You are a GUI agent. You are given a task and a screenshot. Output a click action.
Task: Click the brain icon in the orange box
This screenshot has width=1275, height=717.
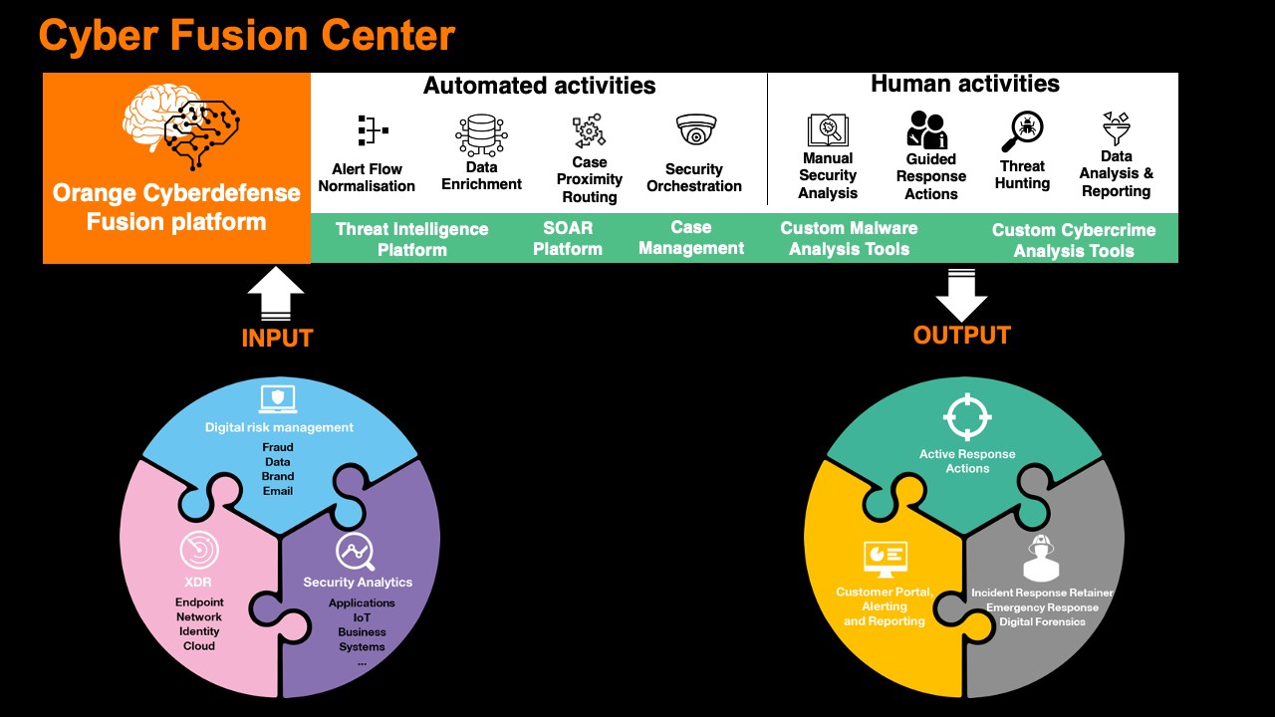pyautogui.click(x=179, y=125)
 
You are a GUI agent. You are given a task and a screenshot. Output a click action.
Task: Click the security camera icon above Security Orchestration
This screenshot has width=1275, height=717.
pyautogui.click(x=695, y=130)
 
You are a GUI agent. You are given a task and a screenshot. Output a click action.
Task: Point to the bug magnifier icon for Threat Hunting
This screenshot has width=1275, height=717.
pyautogui.click(x=1022, y=129)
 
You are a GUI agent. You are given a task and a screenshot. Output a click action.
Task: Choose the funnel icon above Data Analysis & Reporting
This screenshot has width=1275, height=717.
pyautogui.click(x=1116, y=128)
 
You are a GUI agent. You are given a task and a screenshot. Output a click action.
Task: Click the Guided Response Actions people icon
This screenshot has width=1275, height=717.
pyautogui.click(x=928, y=129)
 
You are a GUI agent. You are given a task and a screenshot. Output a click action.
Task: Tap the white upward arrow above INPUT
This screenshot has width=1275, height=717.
pyautogui.click(x=276, y=296)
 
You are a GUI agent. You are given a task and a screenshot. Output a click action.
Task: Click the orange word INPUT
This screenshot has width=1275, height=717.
pyautogui.click(x=277, y=339)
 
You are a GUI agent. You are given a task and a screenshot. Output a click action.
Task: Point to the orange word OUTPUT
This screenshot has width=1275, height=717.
pyautogui.click(x=961, y=336)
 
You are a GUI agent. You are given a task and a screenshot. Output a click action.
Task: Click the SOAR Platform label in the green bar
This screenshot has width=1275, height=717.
pyautogui.click(x=567, y=239)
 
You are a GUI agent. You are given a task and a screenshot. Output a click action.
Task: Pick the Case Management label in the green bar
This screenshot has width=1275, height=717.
pyautogui.click(x=690, y=238)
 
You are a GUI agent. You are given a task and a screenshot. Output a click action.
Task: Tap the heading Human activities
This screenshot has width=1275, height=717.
pyautogui.click(x=964, y=85)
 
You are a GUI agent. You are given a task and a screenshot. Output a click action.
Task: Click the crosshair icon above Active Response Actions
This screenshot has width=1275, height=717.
pyautogui.click(x=967, y=417)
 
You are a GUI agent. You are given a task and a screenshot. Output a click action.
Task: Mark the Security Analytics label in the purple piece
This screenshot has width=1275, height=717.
pyautogui.click(x=358, y=582)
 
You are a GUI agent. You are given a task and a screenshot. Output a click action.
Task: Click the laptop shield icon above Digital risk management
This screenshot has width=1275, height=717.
pyautogui.click(x=278, y=399)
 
